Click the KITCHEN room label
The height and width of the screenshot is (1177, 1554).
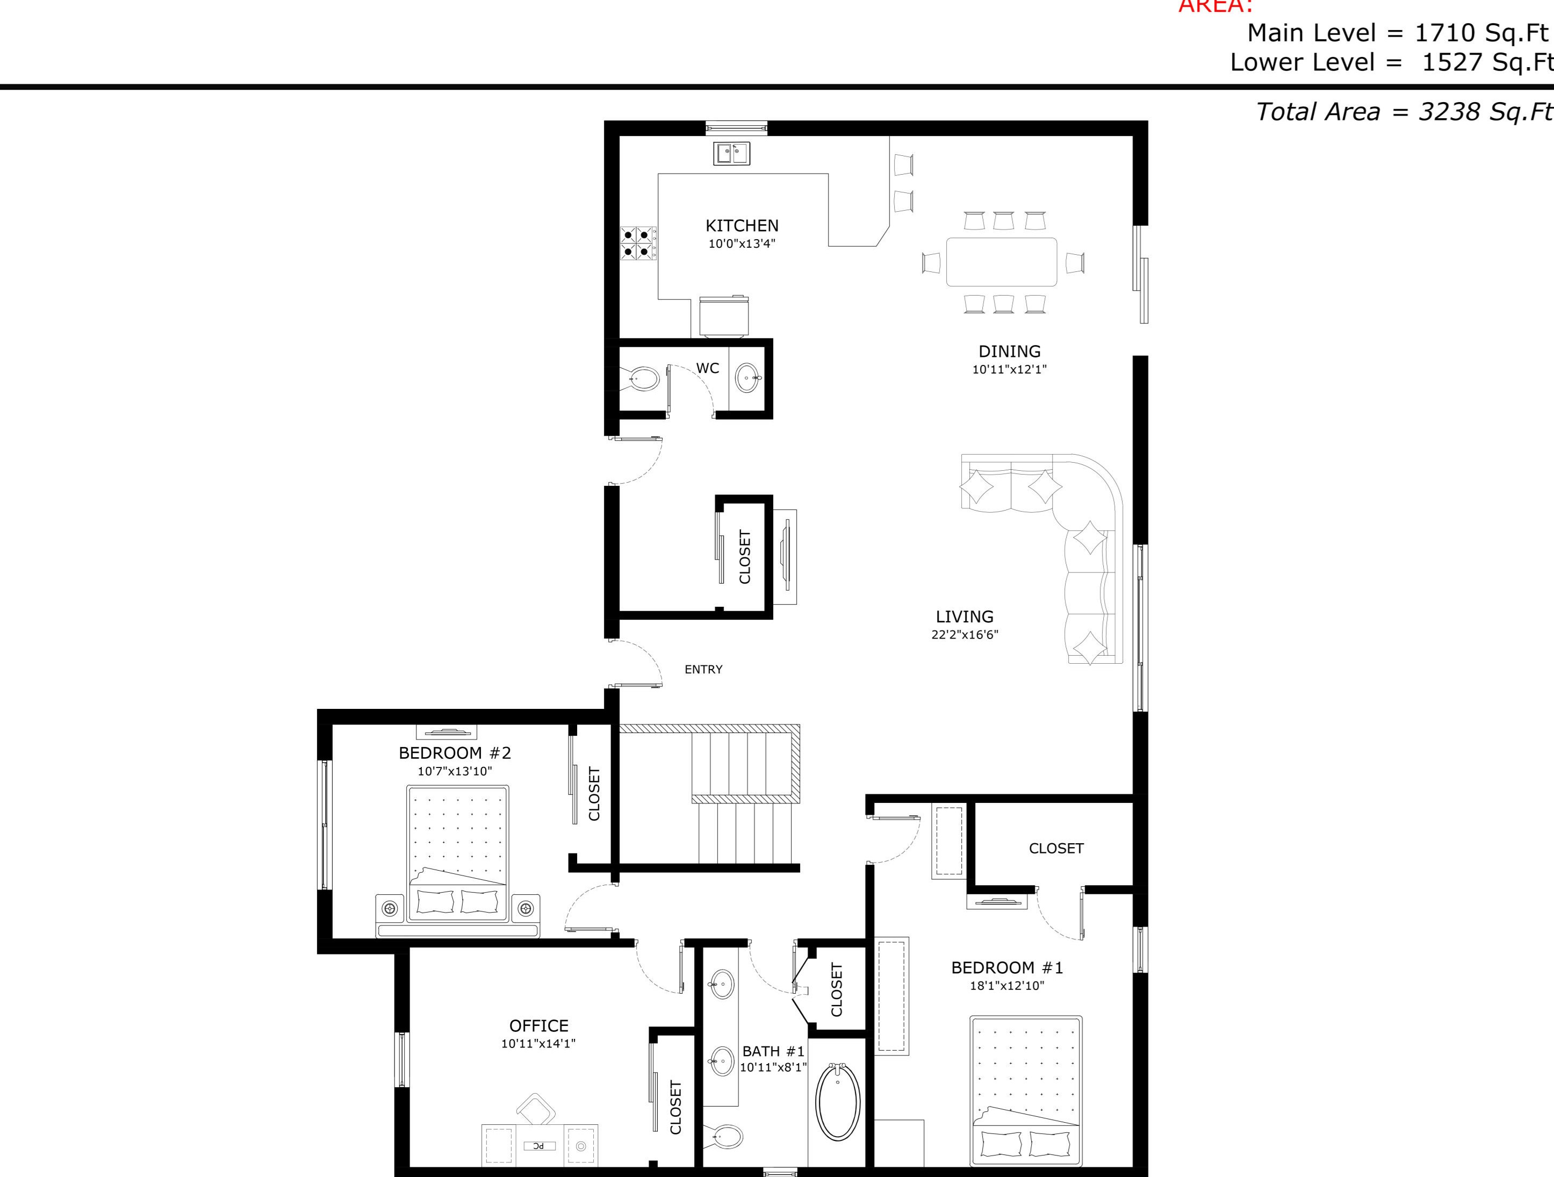click(x=742, y=226)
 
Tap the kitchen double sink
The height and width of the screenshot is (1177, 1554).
click(x=732, y=153)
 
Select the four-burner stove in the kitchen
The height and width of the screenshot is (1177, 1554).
click(x=638, y=242)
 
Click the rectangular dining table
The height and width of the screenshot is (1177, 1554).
click(x=1001, y=262)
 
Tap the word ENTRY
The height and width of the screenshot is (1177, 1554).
click(x=703, y=670)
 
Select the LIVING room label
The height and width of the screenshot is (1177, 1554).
click(x=964, y=616)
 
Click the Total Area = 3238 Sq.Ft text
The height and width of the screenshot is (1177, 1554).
click(x=1403, y=112)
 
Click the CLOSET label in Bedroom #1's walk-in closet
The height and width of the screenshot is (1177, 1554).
click(x=1056, y=849)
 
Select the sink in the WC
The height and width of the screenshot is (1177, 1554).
click(x=747, y=378)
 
